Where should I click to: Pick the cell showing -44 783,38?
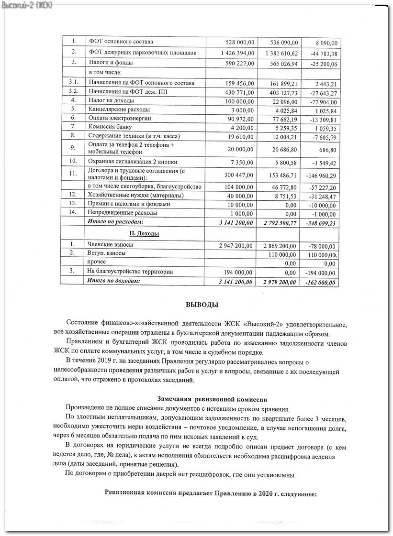[x=321, y=54]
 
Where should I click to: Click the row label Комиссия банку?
[x=111, y=127]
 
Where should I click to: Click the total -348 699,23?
[x=319, y=223]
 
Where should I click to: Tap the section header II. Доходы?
[x=144, y=233]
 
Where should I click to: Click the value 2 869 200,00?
[x=281, y=245]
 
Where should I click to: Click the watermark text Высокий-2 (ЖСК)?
[x=27, y=5]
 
